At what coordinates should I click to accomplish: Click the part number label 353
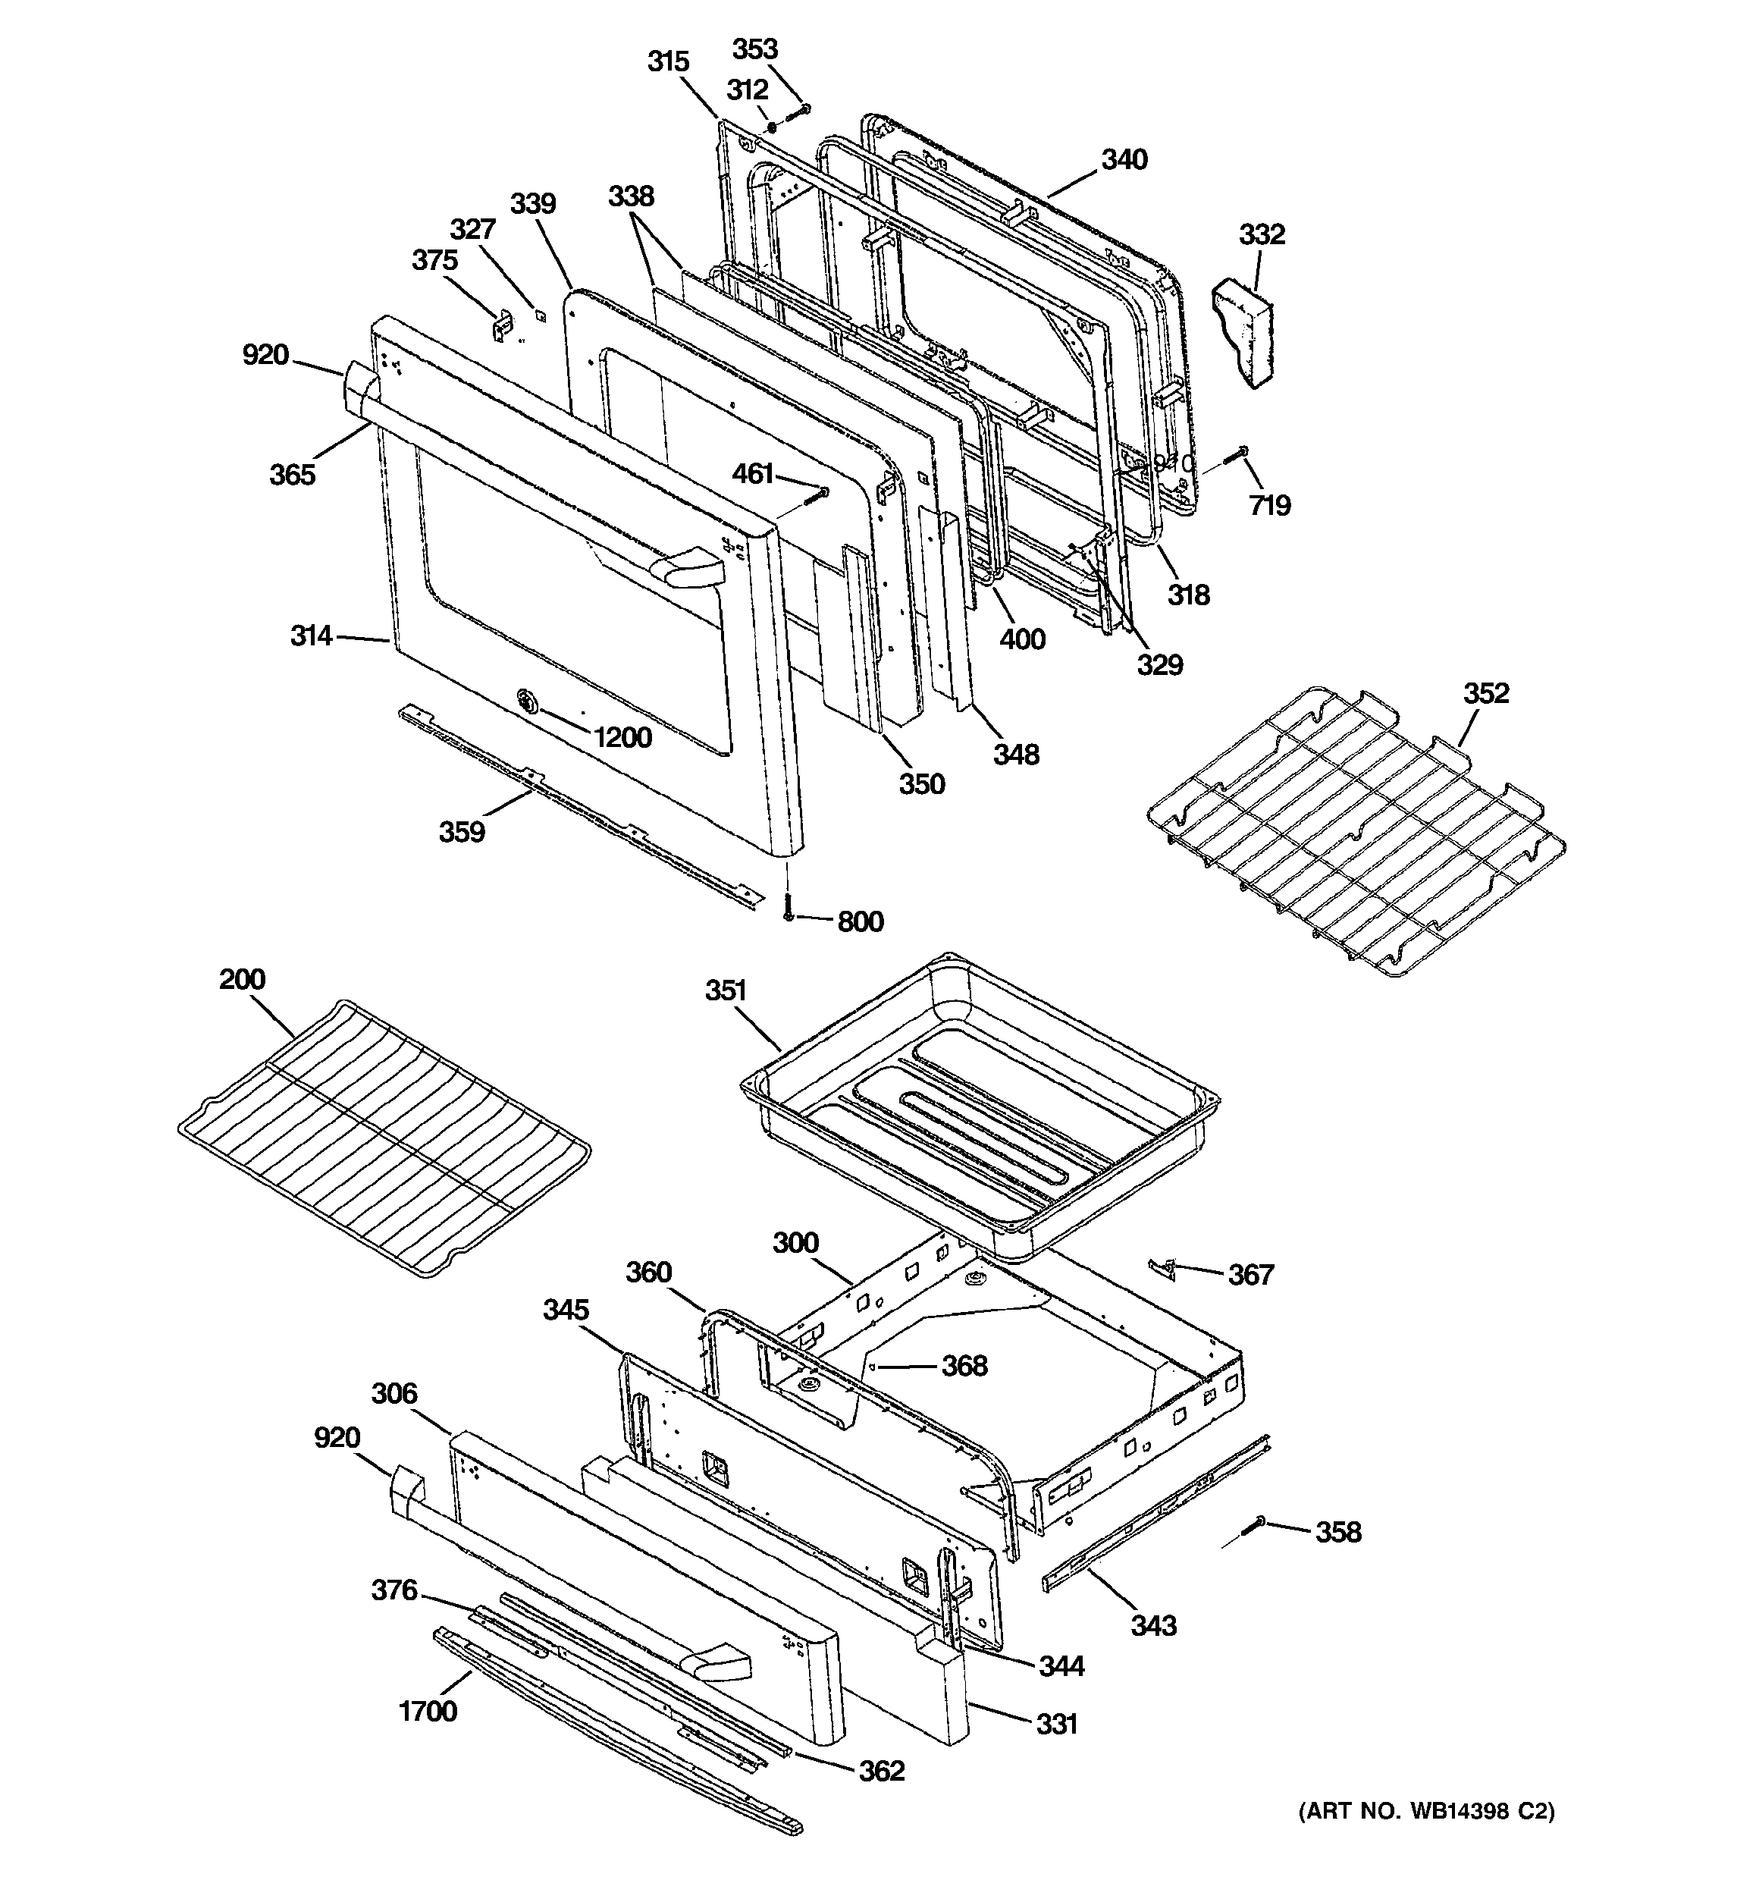tap(754, 49)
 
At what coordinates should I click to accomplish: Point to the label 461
tap(753, 473)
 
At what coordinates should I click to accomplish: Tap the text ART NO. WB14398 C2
tap(1425, 1811)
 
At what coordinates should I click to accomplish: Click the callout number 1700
tap(428, 1710)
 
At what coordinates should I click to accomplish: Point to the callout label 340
tap(1124, 159)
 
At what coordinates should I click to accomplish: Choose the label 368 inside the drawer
tap(964, 1365)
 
